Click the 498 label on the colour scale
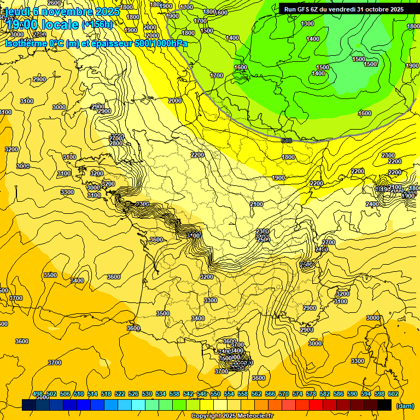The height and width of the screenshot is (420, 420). (38, 394)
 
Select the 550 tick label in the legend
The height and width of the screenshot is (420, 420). (215, 394)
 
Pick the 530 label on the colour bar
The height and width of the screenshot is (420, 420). (147, 394)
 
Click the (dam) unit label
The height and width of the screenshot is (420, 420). (404, 405)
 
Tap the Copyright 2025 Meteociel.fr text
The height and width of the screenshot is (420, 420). (233, 416)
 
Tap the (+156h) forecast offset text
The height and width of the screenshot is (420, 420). (97, 25)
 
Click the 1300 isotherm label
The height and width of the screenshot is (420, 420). (307, 24)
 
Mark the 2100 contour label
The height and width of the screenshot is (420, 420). (256, 204)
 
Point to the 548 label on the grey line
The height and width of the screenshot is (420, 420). (287, 141)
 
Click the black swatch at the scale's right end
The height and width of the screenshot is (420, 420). (384, 405)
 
